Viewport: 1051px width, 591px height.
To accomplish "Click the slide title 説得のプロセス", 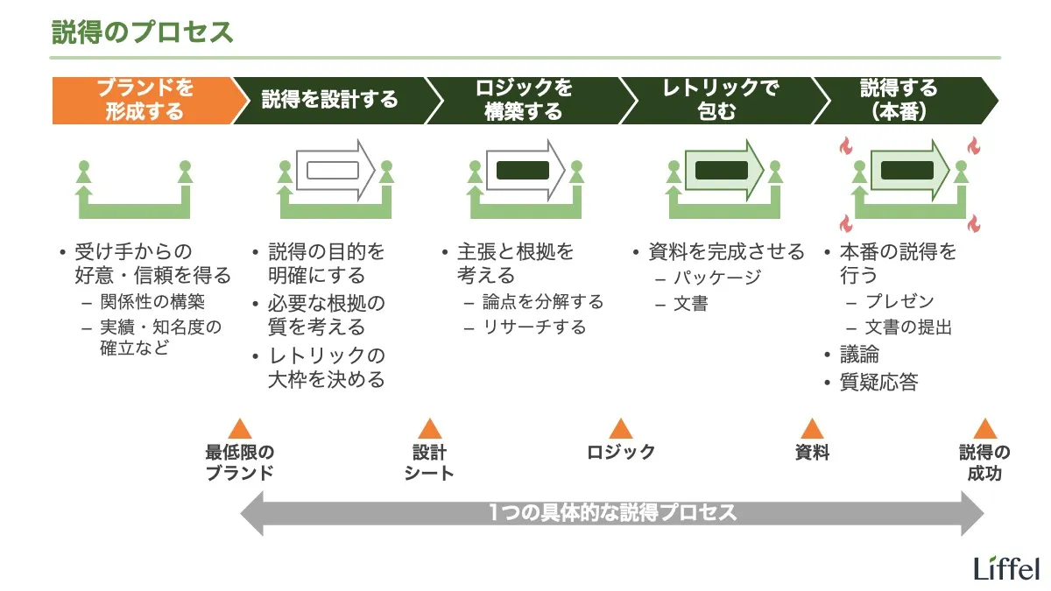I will [x=142, y=33].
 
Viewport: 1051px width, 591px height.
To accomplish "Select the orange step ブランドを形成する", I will [x=145, y=100].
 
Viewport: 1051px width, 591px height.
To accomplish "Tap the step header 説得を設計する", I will [x=329, y=100].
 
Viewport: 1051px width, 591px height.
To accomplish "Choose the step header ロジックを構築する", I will [x=524, y=100].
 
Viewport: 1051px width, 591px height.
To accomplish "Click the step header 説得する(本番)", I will [x=899, y=100].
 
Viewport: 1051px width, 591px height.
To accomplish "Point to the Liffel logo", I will [x=1006, y=568].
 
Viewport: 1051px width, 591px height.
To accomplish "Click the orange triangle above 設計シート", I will [x=429, y=429].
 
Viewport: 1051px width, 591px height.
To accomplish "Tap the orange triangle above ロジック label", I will [x=621, y=429].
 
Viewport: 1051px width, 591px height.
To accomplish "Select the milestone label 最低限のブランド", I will [x=239, y=463].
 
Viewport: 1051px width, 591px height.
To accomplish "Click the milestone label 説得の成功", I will [x=984, y=463].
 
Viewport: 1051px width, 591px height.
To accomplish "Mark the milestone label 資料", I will [x=812, y=453].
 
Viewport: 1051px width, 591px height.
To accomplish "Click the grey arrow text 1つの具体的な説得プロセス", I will [x=612, y=513].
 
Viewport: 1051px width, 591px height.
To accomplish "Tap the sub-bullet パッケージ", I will [x=717, y=278].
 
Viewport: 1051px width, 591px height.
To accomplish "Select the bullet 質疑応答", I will [x=878, y=383].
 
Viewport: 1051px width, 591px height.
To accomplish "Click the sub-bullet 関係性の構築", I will [x=152, y=303].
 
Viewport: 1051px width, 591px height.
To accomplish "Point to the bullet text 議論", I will [x=859, y=355].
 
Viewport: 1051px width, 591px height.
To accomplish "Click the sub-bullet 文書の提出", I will [x=908, y=327].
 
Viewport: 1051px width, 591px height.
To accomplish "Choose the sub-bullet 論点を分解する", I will [x=543, y=302].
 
